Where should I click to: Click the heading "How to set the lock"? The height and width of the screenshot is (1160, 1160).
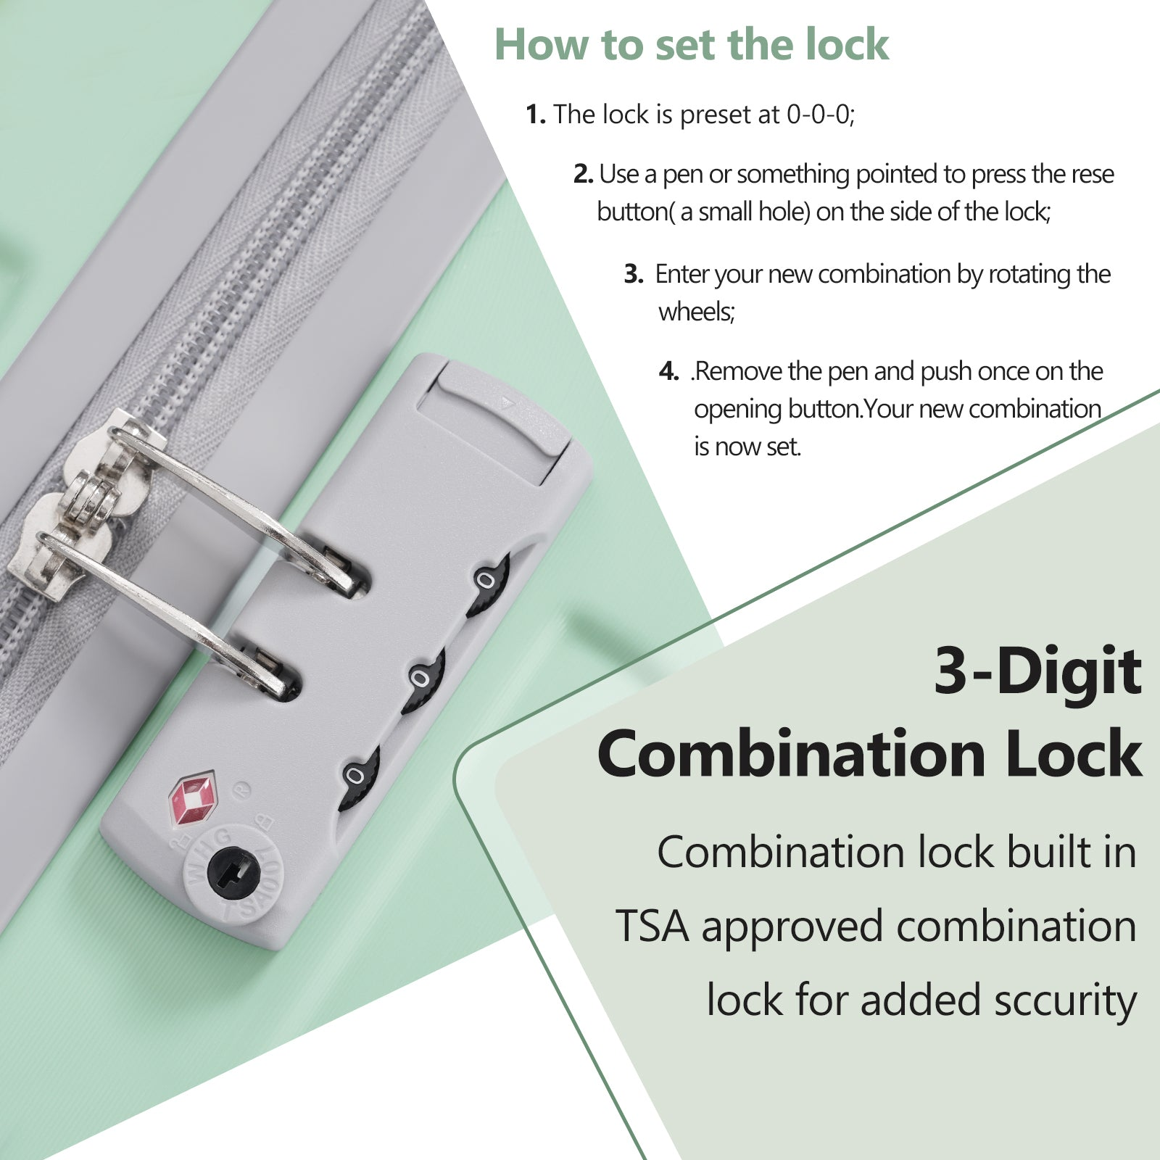pyautogui.click(x=692, y=45)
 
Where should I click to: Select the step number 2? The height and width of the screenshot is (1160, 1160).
pyautogui.click(x=584, y=174)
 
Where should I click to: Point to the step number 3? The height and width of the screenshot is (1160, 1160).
pyautogui.click(x=634, y=274)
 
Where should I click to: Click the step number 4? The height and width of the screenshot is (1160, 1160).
pyautogui.click(x=669, y=372)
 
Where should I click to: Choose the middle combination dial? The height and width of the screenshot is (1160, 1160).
pyautogui.click(x=422, y=680)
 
